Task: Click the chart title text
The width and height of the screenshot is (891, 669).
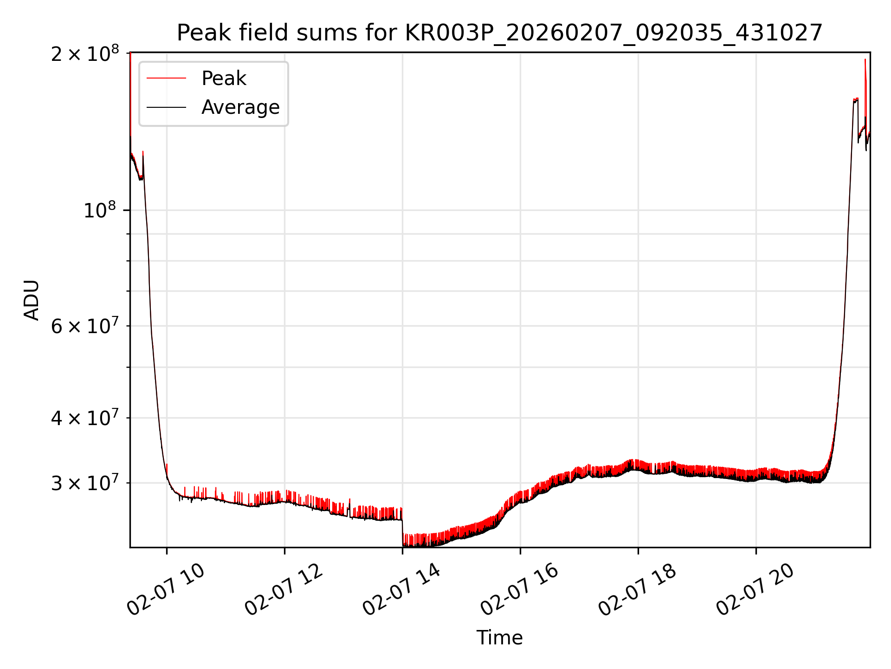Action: tap(499, 33)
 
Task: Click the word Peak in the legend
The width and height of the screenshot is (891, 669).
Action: tap(224, 79)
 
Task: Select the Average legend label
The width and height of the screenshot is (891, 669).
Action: tap(240, 107)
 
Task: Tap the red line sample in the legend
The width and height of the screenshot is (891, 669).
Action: tap(166, 79)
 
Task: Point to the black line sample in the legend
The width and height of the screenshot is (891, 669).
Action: tap(166, 107)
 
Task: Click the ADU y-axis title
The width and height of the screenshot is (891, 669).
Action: tap(32, 300)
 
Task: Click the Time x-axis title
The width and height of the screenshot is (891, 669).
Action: tap(499, 638)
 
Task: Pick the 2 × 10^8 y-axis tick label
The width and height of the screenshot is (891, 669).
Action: tap(84, 54)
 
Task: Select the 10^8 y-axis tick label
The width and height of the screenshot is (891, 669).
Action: tap(100, 210)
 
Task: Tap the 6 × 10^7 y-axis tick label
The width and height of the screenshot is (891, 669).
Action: tap(84, 326)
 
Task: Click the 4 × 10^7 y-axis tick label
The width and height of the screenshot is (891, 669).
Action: tap(84, 418)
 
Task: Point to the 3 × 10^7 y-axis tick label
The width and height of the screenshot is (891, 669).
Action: tap(84, 483)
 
